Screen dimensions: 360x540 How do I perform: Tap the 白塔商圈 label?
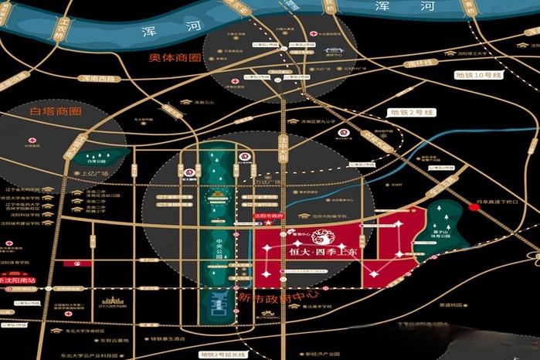[55, 112]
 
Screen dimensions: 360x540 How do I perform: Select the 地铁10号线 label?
[480, 76]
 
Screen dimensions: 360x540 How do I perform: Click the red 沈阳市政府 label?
[269, 216]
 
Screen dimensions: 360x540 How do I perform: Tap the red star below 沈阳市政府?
[269, 223]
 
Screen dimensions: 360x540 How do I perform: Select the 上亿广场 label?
[97, 174]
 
